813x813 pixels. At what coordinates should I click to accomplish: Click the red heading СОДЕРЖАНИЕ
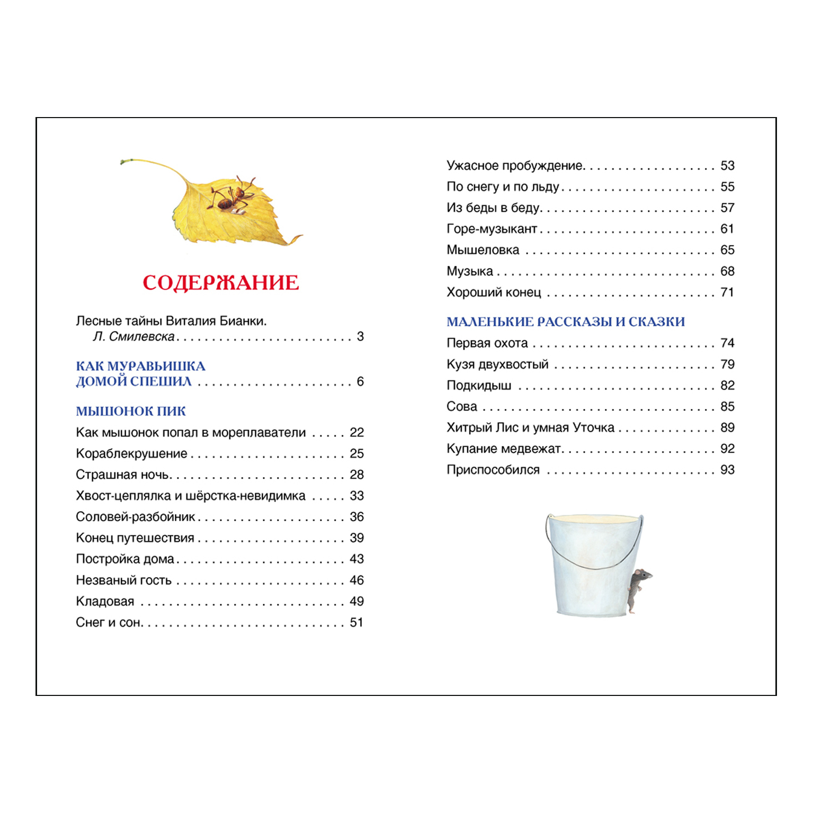click(220, 283)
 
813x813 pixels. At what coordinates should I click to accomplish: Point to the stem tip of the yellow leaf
click(123, 161)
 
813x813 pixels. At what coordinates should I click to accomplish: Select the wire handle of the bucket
click(593, 561)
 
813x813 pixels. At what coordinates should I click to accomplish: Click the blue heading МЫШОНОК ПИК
click(131, 412)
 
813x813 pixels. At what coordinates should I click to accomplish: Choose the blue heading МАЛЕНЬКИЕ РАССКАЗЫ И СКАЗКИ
click(565, 322)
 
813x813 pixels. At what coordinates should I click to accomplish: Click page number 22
click(356, 433)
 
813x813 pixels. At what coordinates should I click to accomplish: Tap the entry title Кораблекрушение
click(131, 454)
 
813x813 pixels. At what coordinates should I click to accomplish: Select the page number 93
click(727, 470)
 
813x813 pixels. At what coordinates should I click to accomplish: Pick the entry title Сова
click(461, 407)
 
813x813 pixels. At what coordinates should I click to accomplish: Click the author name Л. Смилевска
click(133, 337)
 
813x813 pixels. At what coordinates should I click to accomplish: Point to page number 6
click(360, 382)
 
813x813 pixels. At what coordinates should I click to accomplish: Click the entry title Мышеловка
click(483, 250)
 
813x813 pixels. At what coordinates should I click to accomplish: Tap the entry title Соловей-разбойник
click(135, 517)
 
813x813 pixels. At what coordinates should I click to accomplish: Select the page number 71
click(727, 292)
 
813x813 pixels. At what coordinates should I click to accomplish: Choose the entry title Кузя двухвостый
click(497, 364)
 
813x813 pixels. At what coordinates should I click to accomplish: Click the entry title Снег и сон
click(109, 623)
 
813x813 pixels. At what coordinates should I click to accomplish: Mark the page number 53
click(727, 166)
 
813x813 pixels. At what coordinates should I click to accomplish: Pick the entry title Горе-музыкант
click(492, 229)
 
